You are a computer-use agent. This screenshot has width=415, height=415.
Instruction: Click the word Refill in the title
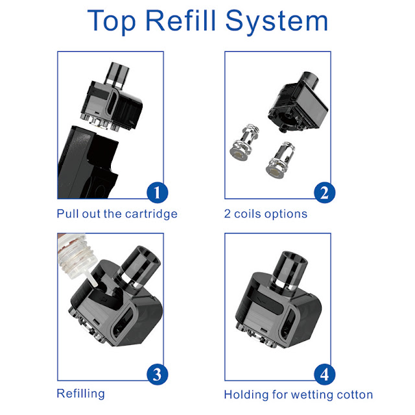click(180, 20)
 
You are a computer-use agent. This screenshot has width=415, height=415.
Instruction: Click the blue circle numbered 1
click(157, 193)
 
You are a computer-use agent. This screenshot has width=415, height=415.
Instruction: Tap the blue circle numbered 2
click(324, 193)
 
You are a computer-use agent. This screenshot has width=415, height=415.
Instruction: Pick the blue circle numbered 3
click(157, 375)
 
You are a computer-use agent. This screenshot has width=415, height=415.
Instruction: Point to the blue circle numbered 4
click(324, 375)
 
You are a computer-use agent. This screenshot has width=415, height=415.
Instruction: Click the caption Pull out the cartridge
click(117, 214)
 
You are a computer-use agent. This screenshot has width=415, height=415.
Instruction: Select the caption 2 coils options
click(266, 214)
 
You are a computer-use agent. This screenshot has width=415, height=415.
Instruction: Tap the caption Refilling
click(80, 394)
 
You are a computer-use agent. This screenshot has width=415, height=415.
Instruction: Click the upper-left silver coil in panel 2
click(244, 142)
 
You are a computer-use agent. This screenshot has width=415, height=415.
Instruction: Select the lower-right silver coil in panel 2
click(280, 161)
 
